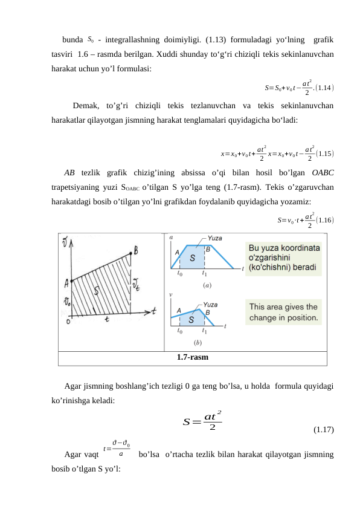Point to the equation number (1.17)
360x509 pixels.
point(323,430)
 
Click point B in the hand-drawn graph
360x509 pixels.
point(135,250)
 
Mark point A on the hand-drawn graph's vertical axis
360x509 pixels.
point(66,281)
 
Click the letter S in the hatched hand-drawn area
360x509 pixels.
point(97,291)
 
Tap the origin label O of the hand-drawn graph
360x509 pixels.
point(68,322)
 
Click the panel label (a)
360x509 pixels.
point(207,284)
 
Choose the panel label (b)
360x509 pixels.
point(198,342)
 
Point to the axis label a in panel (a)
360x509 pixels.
point(171,238)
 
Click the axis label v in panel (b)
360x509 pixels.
point(171,296)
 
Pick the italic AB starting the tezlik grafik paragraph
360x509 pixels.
point(69,172)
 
